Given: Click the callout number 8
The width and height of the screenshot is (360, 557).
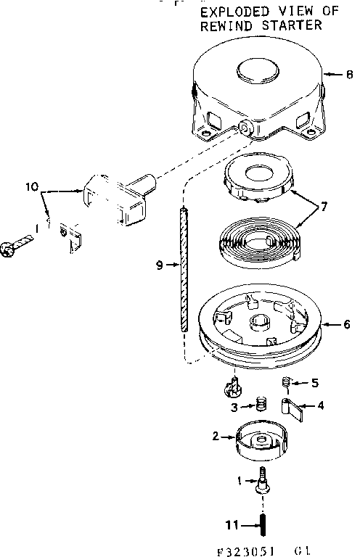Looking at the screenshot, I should (x=349, y=73).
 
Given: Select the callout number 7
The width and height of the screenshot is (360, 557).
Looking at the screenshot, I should (x=324, y=207).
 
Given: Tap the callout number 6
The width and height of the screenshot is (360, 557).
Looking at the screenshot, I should (x=347, y=324).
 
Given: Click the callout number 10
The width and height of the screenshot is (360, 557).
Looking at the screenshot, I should (x=31, y=186).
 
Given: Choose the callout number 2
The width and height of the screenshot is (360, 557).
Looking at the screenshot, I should (x=215, y=436).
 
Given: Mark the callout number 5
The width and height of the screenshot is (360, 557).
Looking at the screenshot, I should (x=314, y=382).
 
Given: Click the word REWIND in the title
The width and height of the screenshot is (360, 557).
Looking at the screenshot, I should (x=222, y=25).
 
